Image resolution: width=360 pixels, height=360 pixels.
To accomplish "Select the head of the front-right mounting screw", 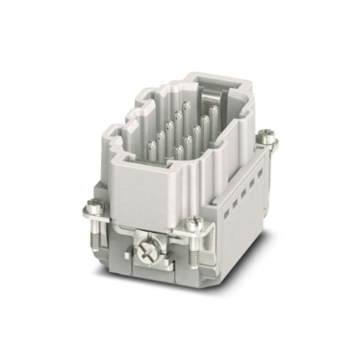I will [193, 224].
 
